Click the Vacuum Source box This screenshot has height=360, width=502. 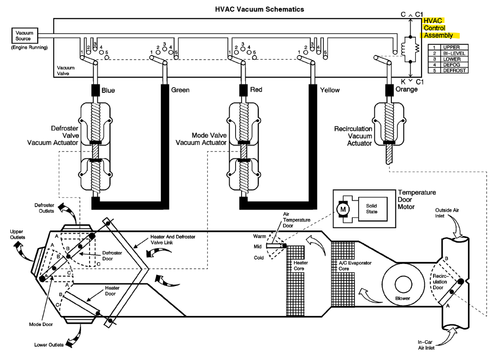pyautogui.click(x=25, y=35)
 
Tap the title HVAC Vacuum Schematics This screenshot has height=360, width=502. pyautogui.click(x=259, y=9)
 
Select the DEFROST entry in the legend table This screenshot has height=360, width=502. pyautogui.click(x=454, y=70)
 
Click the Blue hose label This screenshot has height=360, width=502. pyautogui.click(x=108, y=90)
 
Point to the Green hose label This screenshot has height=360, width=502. pyautogui.click(x=180, y=90)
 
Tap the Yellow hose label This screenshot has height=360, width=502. pyautogui.click(x=330, y=90)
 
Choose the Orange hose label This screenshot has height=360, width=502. pyautogui.click(x=406, y=89)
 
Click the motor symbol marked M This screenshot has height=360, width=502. pyautogui.click(x=343, y=209)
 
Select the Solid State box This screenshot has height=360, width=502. pyautogui.click(x=372, y=208)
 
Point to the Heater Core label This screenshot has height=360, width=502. pyautogui.click(x=301, y=265)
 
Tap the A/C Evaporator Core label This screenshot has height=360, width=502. pyautogui.click(x=355, y=265)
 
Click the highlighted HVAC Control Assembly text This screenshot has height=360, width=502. pyautogui.click(x=438, y=28)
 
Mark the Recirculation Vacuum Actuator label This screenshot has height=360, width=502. pyautogui.click(x=353, y=136)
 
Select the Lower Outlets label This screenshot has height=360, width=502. pyautogui.click(x=49, y=345)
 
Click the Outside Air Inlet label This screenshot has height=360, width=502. pyautogui.click(x=447, y=213)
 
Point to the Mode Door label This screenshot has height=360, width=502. pyautogui.click(x=41, y=324)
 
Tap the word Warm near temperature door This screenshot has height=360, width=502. pyautogui.click(x=259, y=236)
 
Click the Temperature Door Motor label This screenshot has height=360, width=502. pyautogui.click(x=417, y=200)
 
